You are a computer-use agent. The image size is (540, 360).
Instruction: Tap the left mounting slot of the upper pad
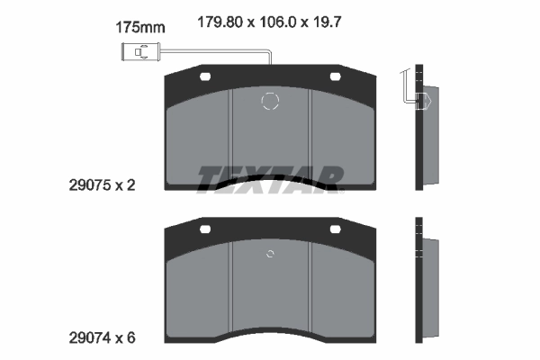[205, 76]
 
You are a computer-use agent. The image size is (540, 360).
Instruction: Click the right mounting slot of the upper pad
[335, 76]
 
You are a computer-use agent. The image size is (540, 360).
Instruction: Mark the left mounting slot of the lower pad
[205, 229]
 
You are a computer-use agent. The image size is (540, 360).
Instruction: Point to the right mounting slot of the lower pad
[335, 229]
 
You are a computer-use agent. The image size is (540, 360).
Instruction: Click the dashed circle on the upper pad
[270, 101]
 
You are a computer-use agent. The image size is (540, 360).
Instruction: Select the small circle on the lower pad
[270, 254]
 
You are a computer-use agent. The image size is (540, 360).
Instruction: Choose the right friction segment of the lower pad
[340, 288]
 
